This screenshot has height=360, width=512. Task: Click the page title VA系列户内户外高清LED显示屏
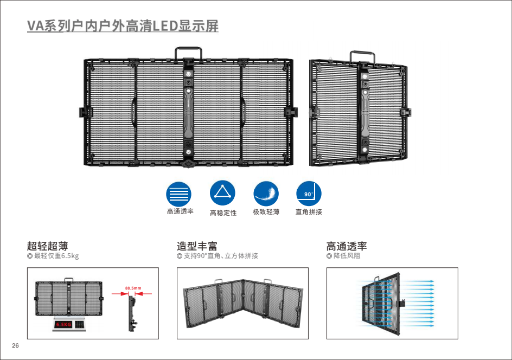pyautogui.click(x=123, y=25)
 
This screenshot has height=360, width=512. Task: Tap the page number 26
pyautogui.click(x=15, y=346)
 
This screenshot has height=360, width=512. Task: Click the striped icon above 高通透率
pyautogui.click(x=178, y=193)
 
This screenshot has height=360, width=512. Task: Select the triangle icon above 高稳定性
pyautogui.click(x=222, y=193)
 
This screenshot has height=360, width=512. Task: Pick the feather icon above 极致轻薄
pyautogui.click(x=266, y=193)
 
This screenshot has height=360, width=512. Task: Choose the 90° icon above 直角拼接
pyautogui.click(x=309, y=193)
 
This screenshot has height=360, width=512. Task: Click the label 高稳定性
pyautogui.click(x=223, y=213)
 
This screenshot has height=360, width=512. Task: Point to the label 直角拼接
pyautogui.click(x=309, y=212)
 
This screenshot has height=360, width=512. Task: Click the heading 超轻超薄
pyautogui.click(x=47, y=247)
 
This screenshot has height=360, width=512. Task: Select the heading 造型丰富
pyautogui.click(x=197, y=247)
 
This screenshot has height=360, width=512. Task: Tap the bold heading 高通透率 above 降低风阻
pyautogui.click(x=347, y=247)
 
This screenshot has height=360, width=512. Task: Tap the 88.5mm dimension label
pyautogui.click(x=133, y=288)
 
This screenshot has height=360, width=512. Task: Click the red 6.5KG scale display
pyautogui.click(x=64, y=324)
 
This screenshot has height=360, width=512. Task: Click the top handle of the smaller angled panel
pyautogui.click(x=363, y=57)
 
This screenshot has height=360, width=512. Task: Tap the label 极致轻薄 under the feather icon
pyautogui.click(x=266, y=212)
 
